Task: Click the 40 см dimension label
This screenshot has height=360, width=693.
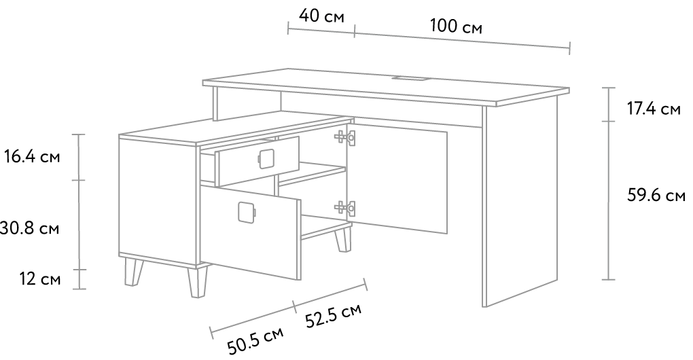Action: [x=321, y=16]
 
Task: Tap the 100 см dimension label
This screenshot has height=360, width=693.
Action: [x=456, y=26]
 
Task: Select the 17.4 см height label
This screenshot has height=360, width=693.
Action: [x=654, y=109]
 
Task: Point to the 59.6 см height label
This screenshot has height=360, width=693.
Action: [x=656, y=195]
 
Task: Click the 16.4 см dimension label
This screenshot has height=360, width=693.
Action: [x=32, y=157]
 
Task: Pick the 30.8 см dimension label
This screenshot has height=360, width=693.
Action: [x=29, y=229]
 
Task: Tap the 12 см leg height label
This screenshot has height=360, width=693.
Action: [x=40, y=279]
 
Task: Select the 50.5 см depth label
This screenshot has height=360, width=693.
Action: [x=255, y=341]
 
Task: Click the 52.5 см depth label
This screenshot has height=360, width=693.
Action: [x=333, y=315]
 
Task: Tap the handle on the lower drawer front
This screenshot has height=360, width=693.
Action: [x=247, y=212]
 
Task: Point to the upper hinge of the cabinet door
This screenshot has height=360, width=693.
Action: [x=344, y=137]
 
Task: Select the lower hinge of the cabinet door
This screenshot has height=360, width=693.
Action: [x=344, y=206]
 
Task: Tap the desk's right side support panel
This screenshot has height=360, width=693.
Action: [x=520, y=202]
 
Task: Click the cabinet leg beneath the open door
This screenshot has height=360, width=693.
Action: [x=342, y=239]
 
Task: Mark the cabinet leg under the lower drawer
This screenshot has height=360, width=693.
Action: [x=197, y=281]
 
